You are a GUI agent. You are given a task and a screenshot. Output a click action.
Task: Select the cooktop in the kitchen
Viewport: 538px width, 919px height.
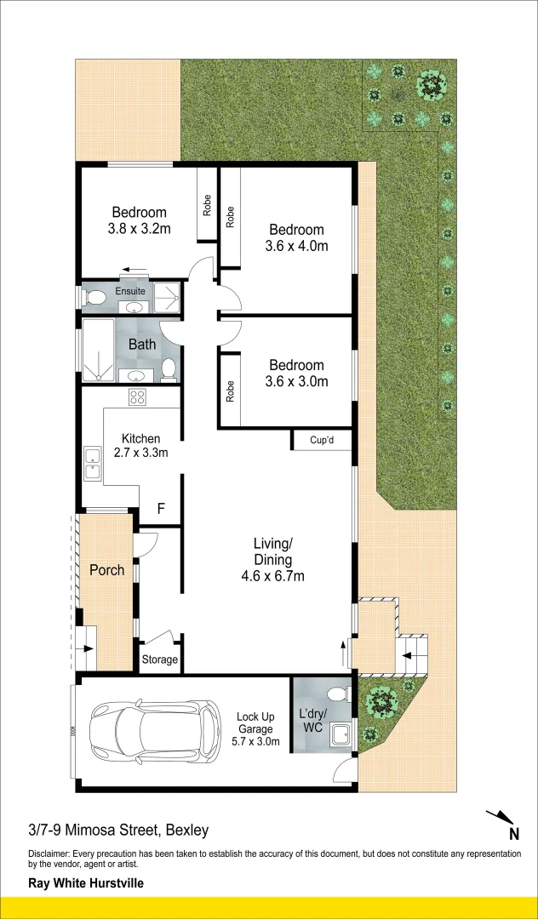(x=137, y=397)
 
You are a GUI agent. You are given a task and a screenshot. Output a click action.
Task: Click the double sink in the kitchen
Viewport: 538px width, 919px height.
(x=93, y=464)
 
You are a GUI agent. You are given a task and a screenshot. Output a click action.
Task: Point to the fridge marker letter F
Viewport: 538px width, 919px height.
(x=161, y=508)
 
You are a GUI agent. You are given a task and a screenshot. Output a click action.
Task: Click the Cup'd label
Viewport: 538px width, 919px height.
(x=322, y=440)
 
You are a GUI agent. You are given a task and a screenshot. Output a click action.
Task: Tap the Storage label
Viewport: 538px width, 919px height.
(x=159, y=660)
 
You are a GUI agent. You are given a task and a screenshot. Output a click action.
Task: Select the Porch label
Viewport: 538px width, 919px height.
(x=106, y=569)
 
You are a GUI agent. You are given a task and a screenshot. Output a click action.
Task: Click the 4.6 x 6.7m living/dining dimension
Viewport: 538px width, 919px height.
(x=272, y=577)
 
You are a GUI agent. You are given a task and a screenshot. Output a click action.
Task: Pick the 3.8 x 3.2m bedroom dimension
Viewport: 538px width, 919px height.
(x=139, y=229)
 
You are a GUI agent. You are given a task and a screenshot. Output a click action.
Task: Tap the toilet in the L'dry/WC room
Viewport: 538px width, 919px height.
(x=338, y=694)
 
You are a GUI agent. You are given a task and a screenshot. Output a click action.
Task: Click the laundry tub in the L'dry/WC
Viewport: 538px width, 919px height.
(x=341, y=733)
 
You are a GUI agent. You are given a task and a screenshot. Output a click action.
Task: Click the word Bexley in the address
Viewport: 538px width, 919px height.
(x=187, y=830)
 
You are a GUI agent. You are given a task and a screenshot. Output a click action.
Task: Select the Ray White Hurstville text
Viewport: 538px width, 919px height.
(x=86, y=882)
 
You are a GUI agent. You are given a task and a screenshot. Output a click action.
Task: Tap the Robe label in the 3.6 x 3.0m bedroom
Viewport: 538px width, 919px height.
(x=230, y=391)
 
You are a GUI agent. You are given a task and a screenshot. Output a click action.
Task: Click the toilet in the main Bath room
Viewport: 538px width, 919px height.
(x=169, y=370)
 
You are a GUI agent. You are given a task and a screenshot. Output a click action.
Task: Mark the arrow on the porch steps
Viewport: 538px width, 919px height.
(x=87, y=648)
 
